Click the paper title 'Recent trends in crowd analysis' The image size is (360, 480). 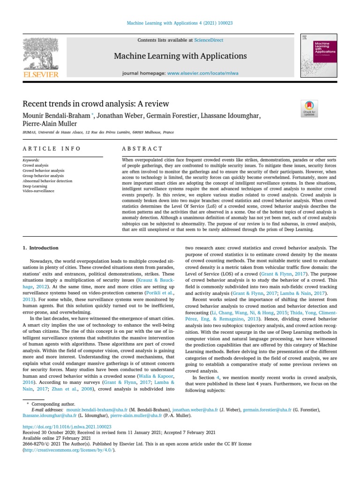96,104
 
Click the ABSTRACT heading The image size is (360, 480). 142,149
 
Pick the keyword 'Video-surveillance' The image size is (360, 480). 38,191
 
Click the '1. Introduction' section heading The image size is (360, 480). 41,247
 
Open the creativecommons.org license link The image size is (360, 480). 68,450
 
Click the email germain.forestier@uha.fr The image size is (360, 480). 267,410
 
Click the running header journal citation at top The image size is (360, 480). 180,23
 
